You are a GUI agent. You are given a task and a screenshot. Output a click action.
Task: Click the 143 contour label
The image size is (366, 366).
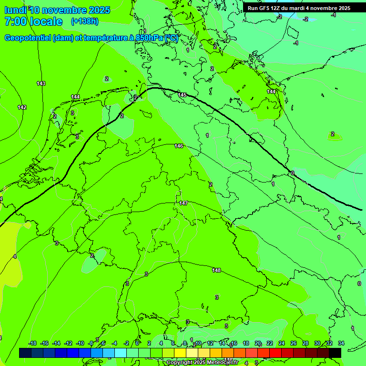click(x=41, y=83)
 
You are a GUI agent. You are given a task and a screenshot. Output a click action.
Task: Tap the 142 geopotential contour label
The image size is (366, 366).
click(x=22, y=107)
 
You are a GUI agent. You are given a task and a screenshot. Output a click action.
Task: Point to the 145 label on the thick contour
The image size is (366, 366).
click(x=182, y=95)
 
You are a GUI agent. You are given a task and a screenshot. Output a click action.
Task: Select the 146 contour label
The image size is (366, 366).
click(x=179, y=146)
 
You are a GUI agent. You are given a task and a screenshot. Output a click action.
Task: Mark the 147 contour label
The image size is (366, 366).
click(x=183, y=203)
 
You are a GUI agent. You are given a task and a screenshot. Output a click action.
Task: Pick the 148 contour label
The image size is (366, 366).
click(x=216, y=270)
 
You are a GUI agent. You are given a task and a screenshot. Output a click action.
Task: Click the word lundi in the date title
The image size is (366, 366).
click(x=15, y=10)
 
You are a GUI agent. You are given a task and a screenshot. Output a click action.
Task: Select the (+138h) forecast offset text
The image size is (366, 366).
click(x=84, y=21)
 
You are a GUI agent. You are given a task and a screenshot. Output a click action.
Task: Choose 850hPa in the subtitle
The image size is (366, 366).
click(x=150, y=38)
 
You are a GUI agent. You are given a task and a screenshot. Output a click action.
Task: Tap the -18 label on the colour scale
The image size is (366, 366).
click(x=32, y=343)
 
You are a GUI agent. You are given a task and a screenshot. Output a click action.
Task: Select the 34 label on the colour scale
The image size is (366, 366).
click(x=341, y=343)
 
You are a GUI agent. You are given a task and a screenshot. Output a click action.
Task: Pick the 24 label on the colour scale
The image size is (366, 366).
click(x=282, y=343)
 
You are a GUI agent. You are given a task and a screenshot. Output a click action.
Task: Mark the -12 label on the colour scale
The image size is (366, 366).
click(x=68, y=343)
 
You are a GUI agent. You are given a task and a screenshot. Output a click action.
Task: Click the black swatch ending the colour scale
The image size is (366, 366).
click(x=335, y=353)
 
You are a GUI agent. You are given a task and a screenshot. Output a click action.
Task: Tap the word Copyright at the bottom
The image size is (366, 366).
click(x=180, y=362)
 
